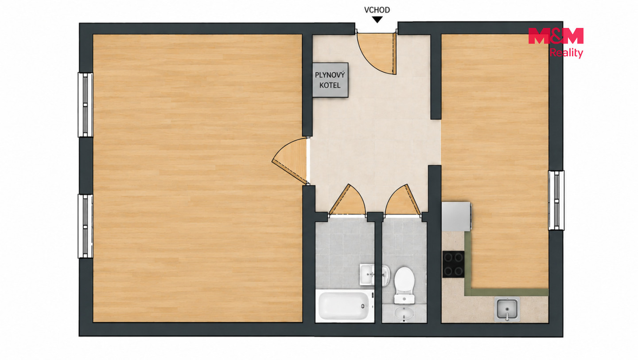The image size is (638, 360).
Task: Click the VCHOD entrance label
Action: point(377,10)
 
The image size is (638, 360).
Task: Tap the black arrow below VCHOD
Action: point(377,20)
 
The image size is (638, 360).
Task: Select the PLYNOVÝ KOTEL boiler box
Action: point(331,80)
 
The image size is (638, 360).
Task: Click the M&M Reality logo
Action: point(556,43)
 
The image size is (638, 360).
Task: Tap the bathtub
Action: point(345,306)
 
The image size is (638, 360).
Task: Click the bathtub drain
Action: point(363,306)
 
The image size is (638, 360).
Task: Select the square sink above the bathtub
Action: point(367,275)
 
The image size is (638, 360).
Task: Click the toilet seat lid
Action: point(405,280)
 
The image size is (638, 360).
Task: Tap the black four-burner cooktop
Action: point(453,264)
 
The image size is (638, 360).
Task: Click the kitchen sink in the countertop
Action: point(507,309)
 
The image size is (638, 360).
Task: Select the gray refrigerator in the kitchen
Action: point(456,217)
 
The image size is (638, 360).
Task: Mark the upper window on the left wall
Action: point(86,105)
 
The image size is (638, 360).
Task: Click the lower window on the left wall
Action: point(86,226)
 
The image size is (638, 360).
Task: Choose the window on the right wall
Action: point(556,200)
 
